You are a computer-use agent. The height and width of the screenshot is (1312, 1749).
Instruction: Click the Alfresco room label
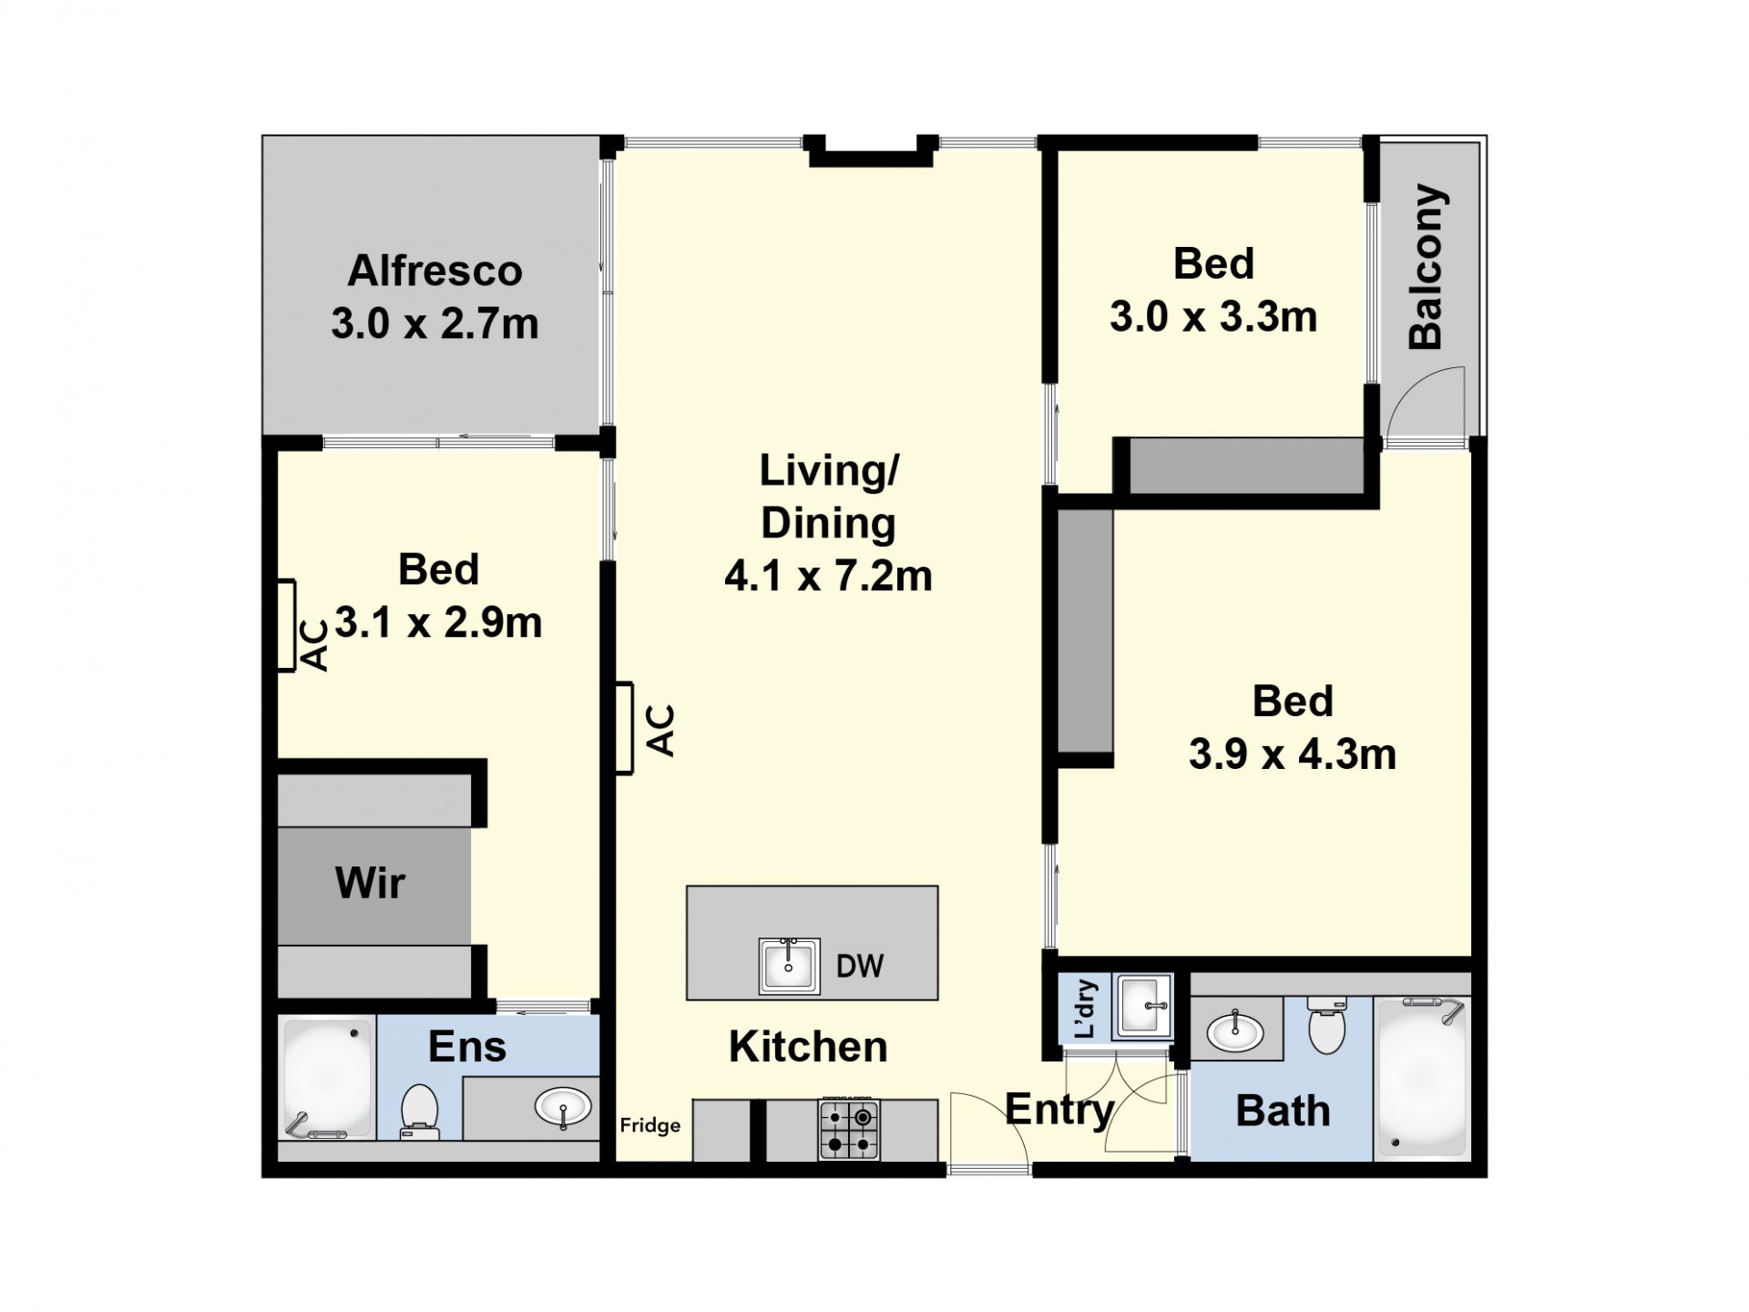click(x=435, y=271)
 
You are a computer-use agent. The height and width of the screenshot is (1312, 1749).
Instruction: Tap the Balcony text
click(x=1427, y=267)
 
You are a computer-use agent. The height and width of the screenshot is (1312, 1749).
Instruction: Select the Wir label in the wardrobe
click(x=370, y=883)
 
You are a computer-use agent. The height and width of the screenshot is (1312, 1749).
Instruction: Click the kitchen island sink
click(x=789, y=966)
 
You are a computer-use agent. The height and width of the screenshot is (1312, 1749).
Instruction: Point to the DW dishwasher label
click(x=860, y=966)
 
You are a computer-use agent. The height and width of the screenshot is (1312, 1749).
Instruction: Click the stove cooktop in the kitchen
click(x=849, y=1128)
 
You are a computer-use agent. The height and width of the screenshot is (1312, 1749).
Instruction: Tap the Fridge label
click(x=650, y=1125)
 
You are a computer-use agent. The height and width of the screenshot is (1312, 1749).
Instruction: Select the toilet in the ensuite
click(x=419, y=1112)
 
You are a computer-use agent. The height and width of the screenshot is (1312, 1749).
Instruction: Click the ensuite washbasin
click(x=562, y=1108)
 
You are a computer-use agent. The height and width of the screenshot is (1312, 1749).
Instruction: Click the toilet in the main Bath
click(x=1326, y=1025)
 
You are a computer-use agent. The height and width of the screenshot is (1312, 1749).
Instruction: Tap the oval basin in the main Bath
click(x=1235, y=1030)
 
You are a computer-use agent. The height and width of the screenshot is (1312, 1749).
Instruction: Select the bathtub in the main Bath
click(x=1422, y=1079)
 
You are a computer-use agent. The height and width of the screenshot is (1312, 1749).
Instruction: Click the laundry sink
click(x=1143, y=1007)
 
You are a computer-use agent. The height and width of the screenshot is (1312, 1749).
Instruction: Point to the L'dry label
click(x=1085, y=1009)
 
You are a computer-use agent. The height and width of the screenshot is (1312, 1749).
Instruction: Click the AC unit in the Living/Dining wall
click(x=624, y=729)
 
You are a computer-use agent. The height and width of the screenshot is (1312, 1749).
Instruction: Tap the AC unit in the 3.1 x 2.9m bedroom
click(x=287, y=625)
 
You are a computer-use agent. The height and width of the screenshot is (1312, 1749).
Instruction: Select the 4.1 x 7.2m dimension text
click(x=828, y=576)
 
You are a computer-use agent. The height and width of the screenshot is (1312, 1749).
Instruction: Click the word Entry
click(x=1059, y=1110)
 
